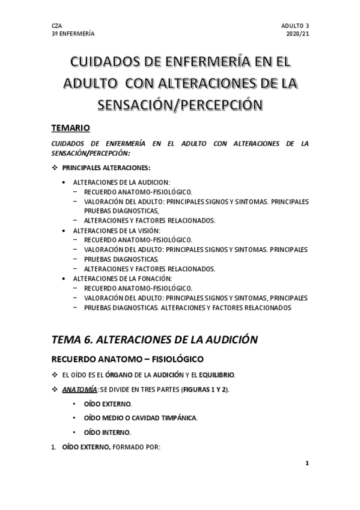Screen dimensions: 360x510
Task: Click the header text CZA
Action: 58,26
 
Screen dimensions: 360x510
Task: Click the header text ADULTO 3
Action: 294,26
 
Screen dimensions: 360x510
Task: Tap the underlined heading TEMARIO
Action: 71,128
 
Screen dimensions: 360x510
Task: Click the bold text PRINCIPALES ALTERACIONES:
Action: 111,167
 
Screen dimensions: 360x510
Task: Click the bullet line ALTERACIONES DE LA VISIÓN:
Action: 118,230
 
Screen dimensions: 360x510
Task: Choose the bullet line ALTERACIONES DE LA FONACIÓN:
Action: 122,278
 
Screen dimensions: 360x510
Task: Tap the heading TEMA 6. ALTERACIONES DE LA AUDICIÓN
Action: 154,339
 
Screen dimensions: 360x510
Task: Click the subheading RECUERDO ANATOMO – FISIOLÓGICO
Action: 127,360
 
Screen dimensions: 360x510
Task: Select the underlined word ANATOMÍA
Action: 80,389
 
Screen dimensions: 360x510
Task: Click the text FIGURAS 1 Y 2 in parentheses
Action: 201,389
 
